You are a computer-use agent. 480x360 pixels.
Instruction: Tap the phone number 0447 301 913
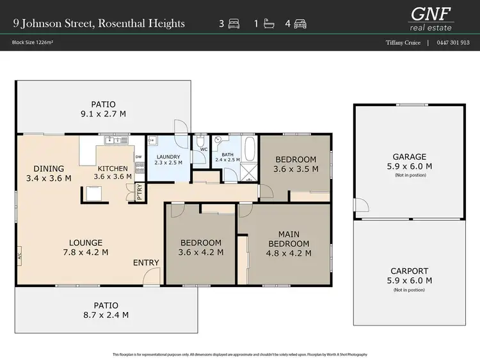(x=453, y=43)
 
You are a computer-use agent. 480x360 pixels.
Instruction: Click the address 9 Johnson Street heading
(x=99, y=24)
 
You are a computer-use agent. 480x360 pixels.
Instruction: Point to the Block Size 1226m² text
(x=31, y=43)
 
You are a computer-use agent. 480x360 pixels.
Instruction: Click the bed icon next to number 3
(x=234, y=24)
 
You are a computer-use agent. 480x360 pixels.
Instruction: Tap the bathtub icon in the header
(x=269, y=24)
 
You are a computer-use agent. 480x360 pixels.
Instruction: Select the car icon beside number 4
(x=300, y=24)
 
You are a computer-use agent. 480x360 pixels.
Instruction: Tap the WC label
(x=205, y=150)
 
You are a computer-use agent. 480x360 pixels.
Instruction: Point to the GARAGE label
(x=410, y=157)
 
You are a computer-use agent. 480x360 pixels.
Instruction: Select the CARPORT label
(x=410, y=271)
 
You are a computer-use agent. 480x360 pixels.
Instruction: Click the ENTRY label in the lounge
(x=146, y=263)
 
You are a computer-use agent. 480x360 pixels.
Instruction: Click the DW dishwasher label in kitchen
(x=138, y=157)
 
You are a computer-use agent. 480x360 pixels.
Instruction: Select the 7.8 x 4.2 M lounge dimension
(x=86, y=252)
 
